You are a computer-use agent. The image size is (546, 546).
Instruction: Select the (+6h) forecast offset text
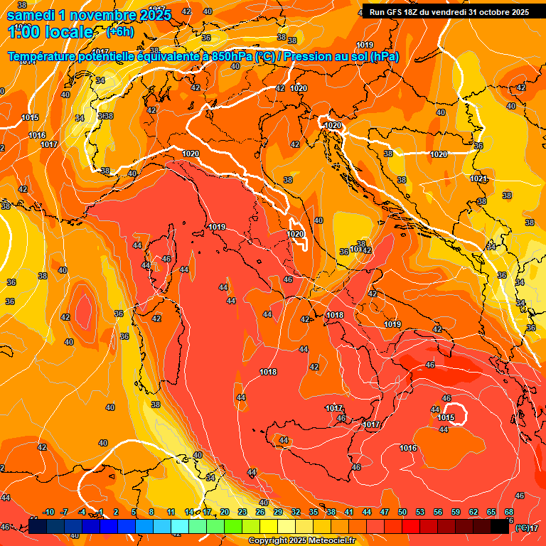point(120,31)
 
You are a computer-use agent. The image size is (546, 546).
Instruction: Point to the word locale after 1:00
point(68,32)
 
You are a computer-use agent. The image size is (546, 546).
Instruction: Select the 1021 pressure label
point(478,178)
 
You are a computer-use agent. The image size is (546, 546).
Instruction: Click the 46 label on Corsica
point(166,259)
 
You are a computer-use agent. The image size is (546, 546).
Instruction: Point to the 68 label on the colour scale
point(509,512)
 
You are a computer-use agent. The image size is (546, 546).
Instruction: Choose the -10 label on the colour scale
point(49,512)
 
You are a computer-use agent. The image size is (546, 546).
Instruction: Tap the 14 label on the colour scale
point(189,512)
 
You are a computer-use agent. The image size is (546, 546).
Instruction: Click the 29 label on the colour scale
point(278,512)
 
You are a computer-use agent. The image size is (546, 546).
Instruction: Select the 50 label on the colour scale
point(402,512)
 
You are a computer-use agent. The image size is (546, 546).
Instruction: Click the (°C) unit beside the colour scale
point(521,528)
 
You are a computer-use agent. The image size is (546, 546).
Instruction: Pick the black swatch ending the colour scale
point(500,527)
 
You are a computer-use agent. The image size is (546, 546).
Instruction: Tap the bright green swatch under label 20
point(232,527)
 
